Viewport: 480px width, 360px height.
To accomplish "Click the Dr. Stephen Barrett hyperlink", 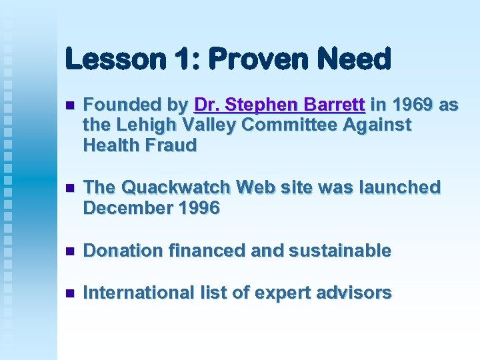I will coord(279,105).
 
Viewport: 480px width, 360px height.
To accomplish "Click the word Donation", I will coord(123,251).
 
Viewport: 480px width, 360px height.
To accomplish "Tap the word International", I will coord(138,293).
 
